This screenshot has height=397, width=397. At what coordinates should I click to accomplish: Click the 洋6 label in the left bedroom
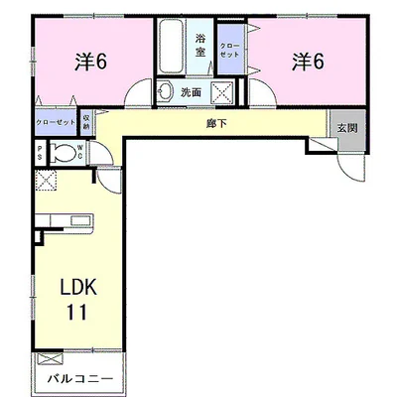[90, 62]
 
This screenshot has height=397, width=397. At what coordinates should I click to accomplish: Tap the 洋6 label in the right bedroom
[308, 62]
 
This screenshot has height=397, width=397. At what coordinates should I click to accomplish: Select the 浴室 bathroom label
[199, 45]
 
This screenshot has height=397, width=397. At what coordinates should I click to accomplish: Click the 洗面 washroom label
[193, 92]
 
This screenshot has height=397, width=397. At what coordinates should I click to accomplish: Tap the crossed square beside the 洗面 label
[224, 93]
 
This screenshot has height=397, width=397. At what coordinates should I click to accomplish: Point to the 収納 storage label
[87, 122]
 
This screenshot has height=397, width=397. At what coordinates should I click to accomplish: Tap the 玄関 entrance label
[346, 128]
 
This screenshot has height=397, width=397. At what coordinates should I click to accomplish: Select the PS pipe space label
[40, 153]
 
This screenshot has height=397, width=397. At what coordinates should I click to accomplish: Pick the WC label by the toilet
[86, 153]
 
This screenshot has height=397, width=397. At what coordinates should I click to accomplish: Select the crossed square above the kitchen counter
[46, 181]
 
